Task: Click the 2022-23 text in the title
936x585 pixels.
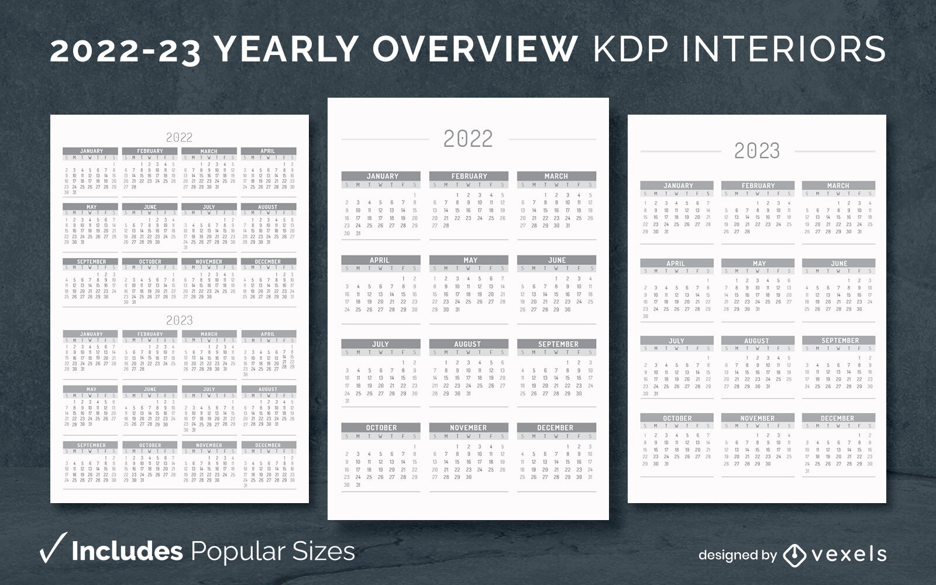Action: coord(126,49)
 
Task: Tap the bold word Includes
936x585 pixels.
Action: coord(127,551)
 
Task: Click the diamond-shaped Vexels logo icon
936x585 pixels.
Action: coord(794,555)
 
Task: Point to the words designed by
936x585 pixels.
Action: coord(737,555)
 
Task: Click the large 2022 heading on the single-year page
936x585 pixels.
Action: coord(468,139)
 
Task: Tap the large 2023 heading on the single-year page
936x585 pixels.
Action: coord(757,151)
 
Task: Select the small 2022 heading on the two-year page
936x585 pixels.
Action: coord(179,137)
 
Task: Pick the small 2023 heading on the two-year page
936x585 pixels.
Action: coord(179,320)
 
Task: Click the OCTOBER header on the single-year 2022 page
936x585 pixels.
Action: coord(381,428)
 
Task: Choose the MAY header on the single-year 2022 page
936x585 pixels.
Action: coord(470,260)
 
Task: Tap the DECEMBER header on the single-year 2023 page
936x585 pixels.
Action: coord(838,418)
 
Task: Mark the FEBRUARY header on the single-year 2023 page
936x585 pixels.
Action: coord(758,185)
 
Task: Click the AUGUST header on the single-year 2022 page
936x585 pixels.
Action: coord(467,344)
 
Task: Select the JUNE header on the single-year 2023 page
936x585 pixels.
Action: coord(839,263)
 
